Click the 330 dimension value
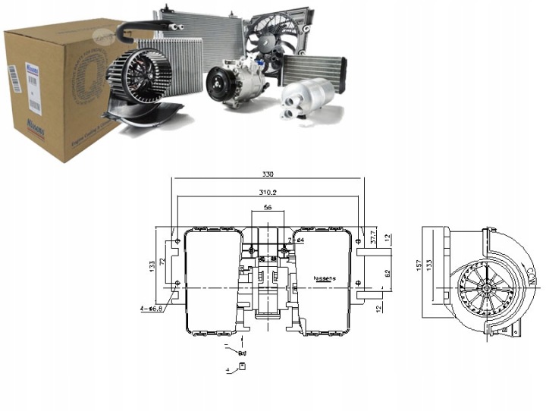coord(266,174)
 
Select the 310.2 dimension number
coord(266,193)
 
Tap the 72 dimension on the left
coord(162,262)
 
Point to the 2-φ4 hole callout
coord(296,240)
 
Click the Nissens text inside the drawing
coord(325,278)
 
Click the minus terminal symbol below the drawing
coord(227,346)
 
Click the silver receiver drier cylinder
coord(307,95)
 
